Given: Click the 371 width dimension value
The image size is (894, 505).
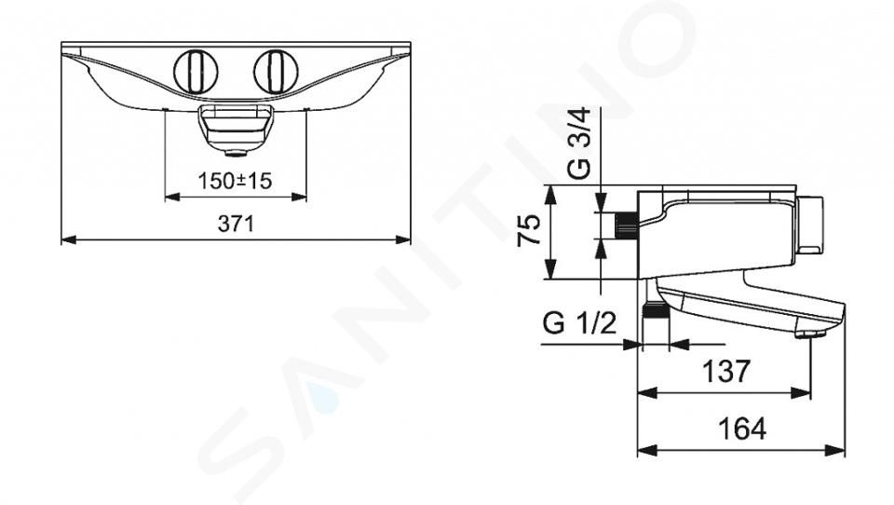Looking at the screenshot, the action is pyautogui.click(x=236, y=223).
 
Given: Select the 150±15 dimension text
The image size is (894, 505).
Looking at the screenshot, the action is pyautogui.click(x=235, y=181).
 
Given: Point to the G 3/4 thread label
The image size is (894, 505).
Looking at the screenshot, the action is pyautogui.click(x=581, y=144).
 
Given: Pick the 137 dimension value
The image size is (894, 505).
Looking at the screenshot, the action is pyautogui.click(x=726, y=372).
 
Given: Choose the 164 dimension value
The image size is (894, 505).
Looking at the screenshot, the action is pyautogui.click(x=742, y=430).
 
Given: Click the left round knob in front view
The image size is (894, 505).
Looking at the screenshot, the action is pyautogui.click(x=196, y=73).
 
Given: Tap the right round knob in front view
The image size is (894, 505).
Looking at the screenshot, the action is pyautogui.click(x=276, y=73).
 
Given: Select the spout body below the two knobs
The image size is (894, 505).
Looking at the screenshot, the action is pyautogui.click(x=235, y=126).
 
